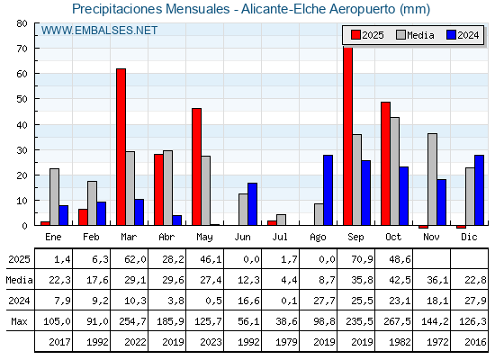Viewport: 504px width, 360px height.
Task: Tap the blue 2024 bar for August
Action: pyautogui.click(x=328, y=190)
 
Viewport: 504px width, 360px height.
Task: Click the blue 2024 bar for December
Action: pyautogui.click(x=479, y=190)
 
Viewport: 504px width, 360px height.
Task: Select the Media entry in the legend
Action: pyautogui.click(x=413, y=35)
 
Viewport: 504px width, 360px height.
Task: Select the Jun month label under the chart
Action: pyautogui.click(x=242, y=236)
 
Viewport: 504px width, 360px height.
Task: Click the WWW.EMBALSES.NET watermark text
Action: pyautogui.click(x=100, y=31)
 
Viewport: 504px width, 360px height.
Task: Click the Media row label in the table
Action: pyautogui.click(x=18, y=280)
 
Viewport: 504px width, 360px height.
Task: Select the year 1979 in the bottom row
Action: pyautogui.click(x=279, y=341)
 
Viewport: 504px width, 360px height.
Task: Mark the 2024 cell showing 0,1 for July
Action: pyautogui.click(x=279, y=300)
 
